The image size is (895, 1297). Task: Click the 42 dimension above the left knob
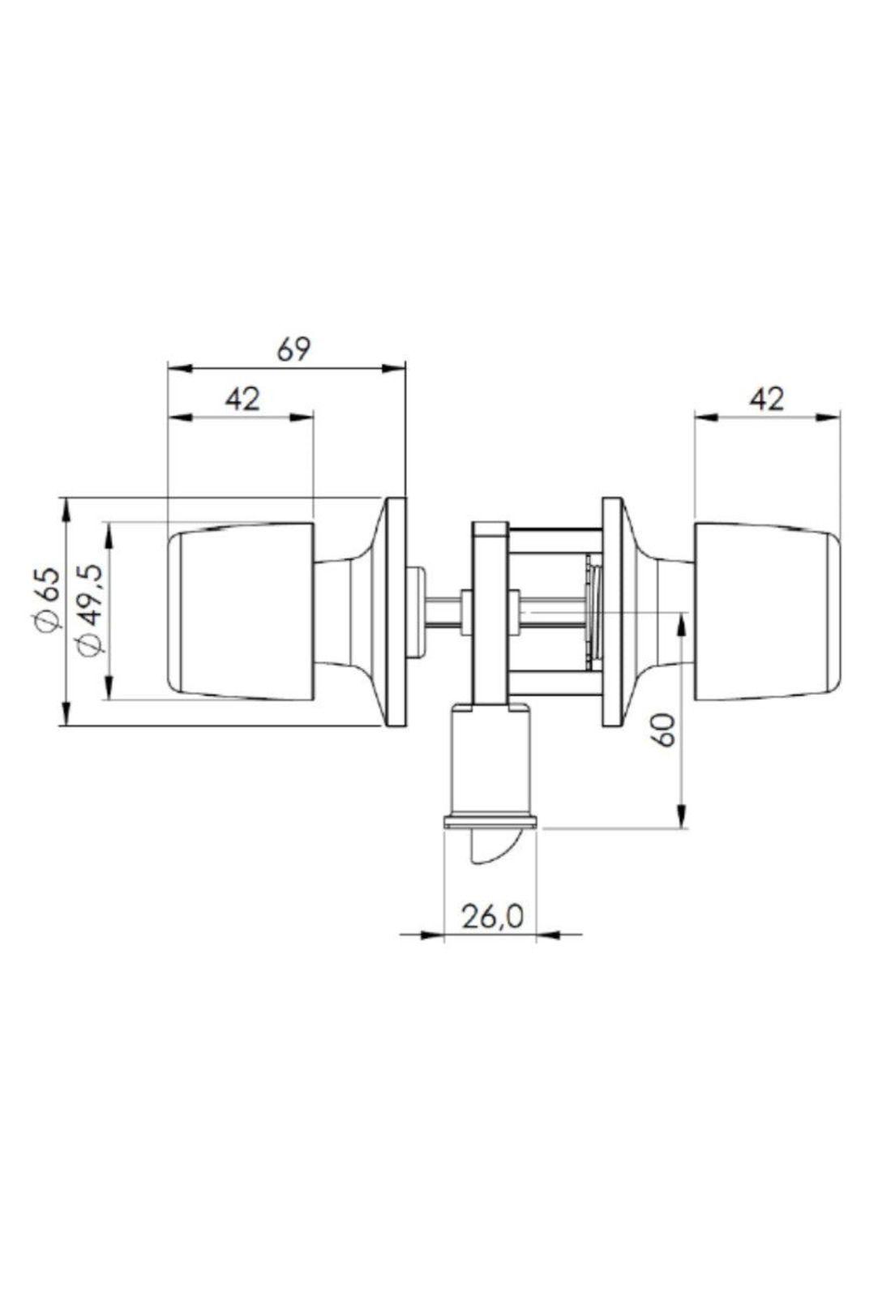[x=242, y=399]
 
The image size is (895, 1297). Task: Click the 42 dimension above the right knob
[x=766, y=399]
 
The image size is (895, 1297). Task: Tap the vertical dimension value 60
[x=664, y=730]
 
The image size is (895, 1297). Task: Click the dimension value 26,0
[x=492, y=918]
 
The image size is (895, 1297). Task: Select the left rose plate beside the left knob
[x=396, y=611]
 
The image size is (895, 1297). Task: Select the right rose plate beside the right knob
[x=611, y=611]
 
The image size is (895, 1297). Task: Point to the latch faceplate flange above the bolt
[x=490, y=824]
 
